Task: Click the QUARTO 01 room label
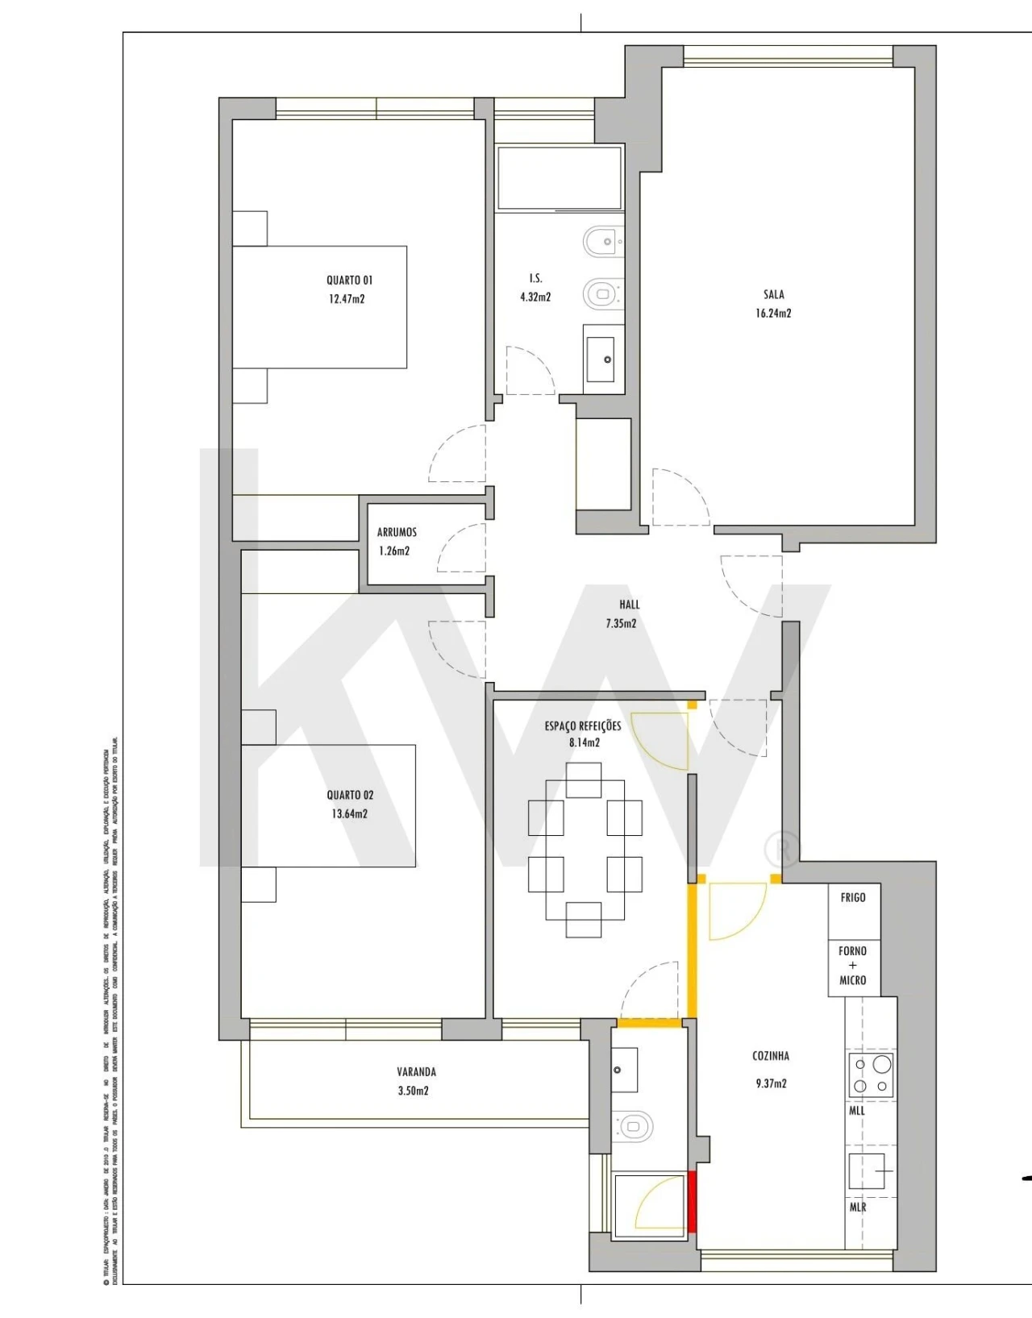pyautogui.click(x=349, y=281)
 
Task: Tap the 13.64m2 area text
pyautogui.click(x=349, y=814)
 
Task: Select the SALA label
pyautogui.click(x=773, y=295)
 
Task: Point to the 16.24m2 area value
pyautogui.click(x=773, y=314)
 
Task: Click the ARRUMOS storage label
pyautogui.click(x=397, y=533)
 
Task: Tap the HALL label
pyautogui.click(x=630, y=605)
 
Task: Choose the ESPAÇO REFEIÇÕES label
pyautogui.click(x=583, y=726)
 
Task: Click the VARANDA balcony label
pyautogui.click(x=416, y=1072)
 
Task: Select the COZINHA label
pyautogui.click(x=771, y=1056)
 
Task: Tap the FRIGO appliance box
pyautogui.click(x=853, y=911)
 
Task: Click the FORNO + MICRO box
pyautogui.click(x=853, y=967)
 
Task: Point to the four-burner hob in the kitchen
pyautogui.click(x=872, y=1075)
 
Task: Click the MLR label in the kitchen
pyautogui.click(x=858, y=1208)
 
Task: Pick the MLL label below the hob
pyautogui.click(x=857, y=1111)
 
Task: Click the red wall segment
pyautogui.click(x=692, y=1201)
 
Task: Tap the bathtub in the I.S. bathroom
pyautogui.click(x=559, y=177)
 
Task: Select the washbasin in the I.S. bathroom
pyautogui.click(x=603, y=359)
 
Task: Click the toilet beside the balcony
pyautogui.click(x=634, y=1125)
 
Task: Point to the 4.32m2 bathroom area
pyautogui.click(x=535, y=297)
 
